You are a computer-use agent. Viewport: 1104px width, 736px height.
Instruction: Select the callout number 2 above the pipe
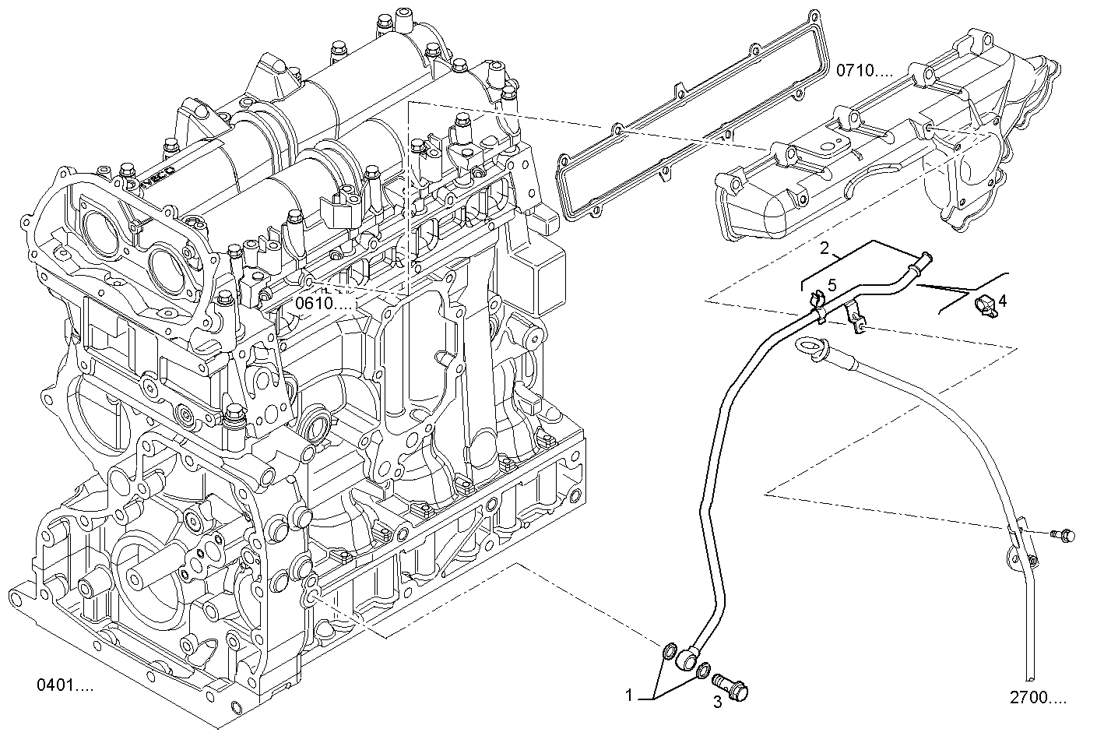tap(824, 249)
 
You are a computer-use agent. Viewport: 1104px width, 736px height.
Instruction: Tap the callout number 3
tap(718, 703)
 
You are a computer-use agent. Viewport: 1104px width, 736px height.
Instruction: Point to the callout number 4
tap(1003, 300)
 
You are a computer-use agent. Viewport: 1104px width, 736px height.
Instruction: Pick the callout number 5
tap(832, 285)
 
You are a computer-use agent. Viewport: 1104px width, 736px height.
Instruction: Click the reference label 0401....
tap(65, 685)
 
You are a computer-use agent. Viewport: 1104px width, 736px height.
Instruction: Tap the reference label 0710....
tap(866, 71)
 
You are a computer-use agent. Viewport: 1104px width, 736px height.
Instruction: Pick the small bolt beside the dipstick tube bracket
tap(1063, 534)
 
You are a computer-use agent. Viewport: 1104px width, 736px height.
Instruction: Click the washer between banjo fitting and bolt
tap(703, 670)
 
